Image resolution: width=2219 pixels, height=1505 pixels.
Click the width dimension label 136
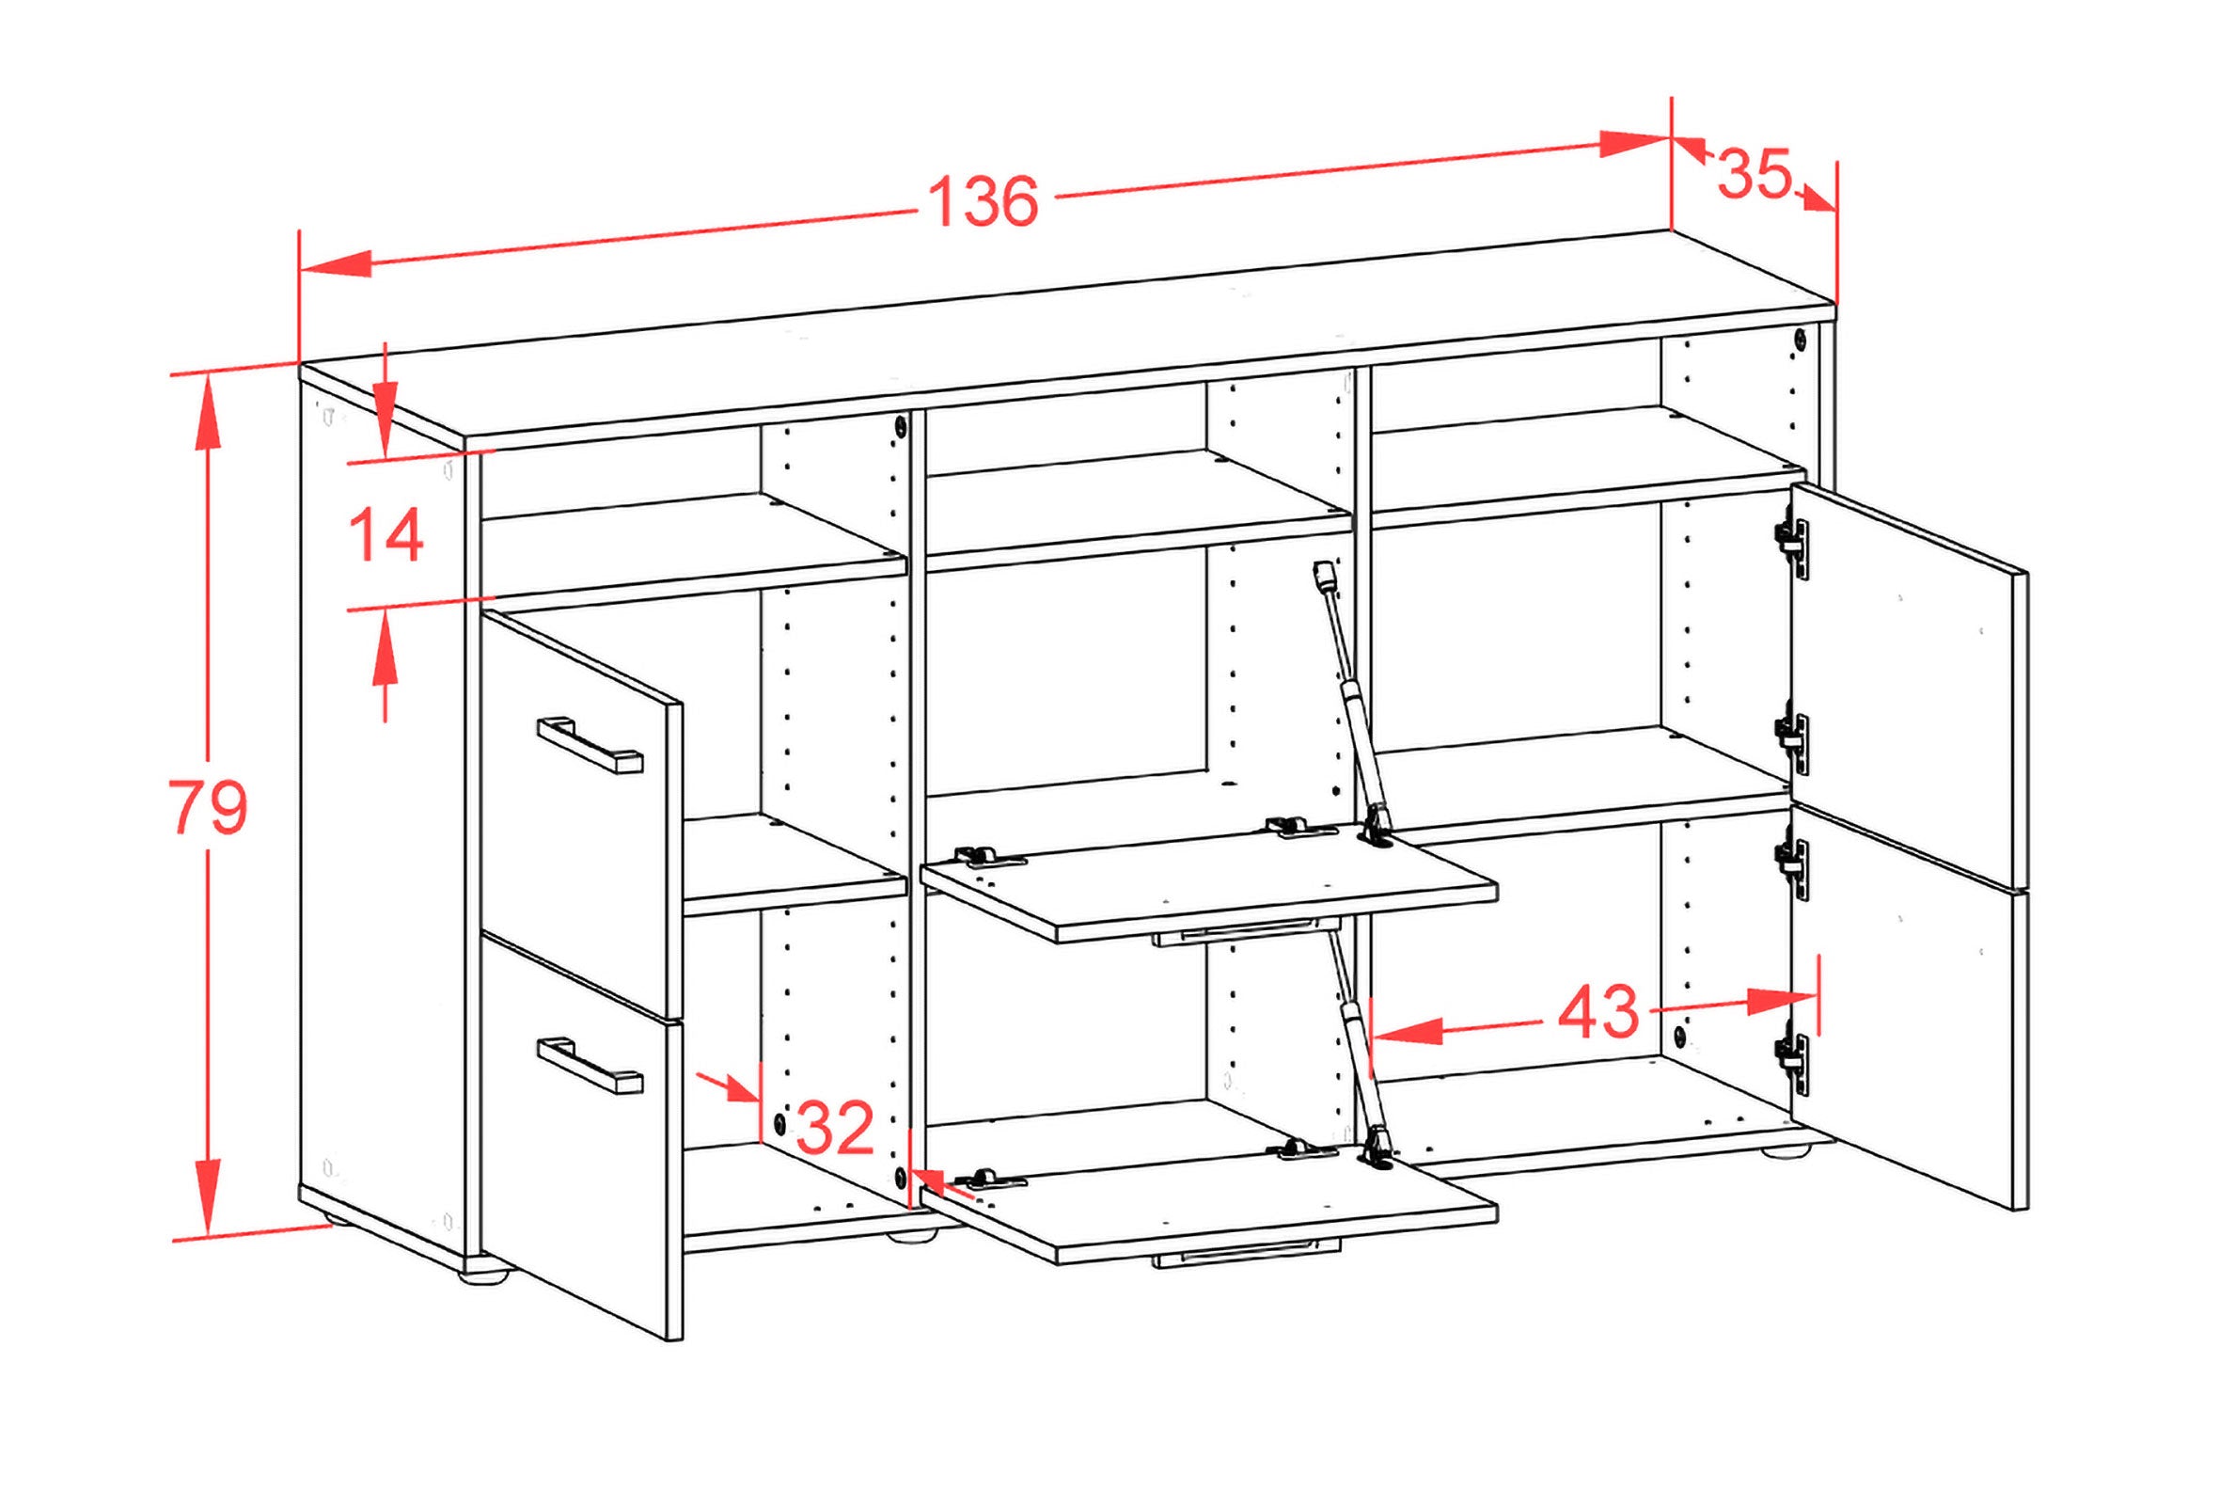[984, 202]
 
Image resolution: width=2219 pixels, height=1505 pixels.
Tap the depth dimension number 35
[1754, 174]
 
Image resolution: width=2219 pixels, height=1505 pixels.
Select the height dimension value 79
[208, 808]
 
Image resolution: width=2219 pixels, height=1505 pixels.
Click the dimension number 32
[835, 1128]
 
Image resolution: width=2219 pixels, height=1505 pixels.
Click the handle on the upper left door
[590, 744]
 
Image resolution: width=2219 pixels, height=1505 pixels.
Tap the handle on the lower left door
[590, 1065]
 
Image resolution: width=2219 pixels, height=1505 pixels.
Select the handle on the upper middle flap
[1247, 932]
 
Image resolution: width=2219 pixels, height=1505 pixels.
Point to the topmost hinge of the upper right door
[1791, 549]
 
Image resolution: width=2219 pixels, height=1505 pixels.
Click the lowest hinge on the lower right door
[1791, 1065]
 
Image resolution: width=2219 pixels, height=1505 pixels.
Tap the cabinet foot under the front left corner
[487, 1271]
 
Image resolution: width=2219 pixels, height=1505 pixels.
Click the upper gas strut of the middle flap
[1348, 702]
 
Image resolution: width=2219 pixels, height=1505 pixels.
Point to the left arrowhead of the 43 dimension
[1407, 1031]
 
